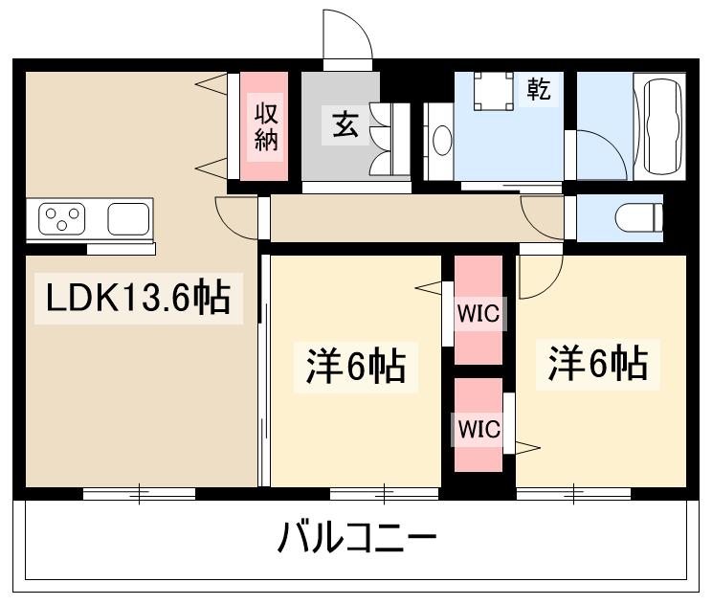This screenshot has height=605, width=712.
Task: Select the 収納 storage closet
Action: point(265,126)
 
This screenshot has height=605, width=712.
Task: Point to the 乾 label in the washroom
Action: point(539,91)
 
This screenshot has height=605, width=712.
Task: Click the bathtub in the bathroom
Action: point(662,125)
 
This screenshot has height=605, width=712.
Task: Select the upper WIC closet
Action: point(478,310)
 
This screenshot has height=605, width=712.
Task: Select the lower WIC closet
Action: point(478,428)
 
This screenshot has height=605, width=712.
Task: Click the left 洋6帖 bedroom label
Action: point(355,367)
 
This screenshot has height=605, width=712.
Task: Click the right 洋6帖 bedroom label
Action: point(598,364)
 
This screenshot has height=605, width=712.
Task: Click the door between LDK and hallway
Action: point(239,218)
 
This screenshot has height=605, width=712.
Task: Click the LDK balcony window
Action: point(139,494)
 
